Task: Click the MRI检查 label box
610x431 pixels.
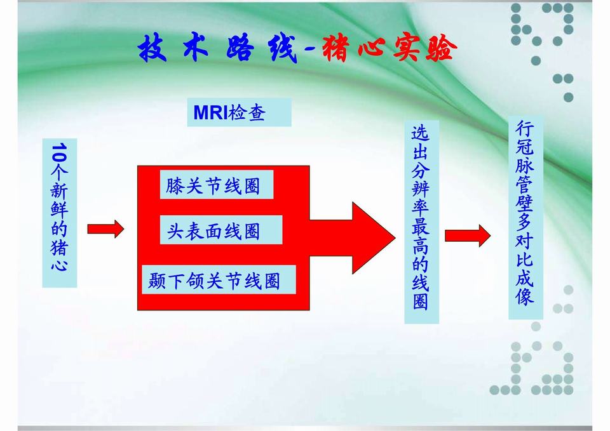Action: (239, 112)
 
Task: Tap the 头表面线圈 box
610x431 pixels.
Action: (213, 230)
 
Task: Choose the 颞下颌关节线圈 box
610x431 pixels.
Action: (218, 280)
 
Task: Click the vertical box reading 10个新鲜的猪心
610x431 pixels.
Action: (59, 213)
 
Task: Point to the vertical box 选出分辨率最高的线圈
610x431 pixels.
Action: (421, 222)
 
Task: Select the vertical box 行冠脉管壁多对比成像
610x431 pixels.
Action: (525, 218)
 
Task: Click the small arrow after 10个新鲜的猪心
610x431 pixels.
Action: (105, 229)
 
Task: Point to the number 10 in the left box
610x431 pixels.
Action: (59, 153)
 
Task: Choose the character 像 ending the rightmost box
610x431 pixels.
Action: (525, 297)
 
